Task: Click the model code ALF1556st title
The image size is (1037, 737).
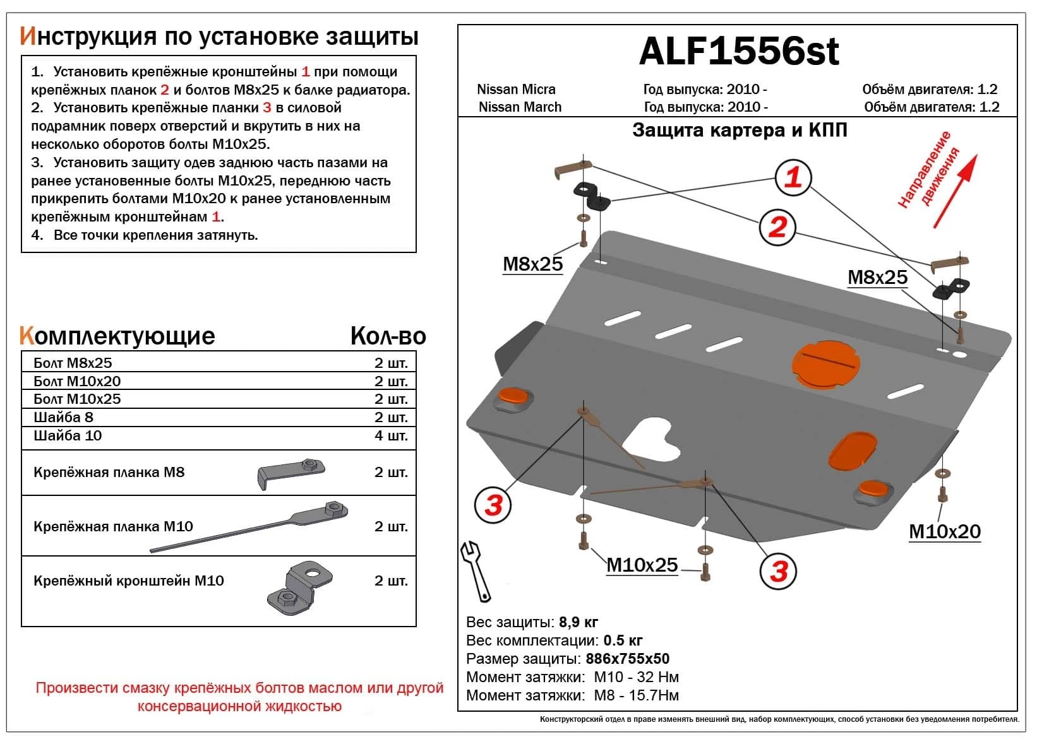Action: point(738,52)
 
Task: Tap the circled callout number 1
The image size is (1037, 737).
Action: point(793,177)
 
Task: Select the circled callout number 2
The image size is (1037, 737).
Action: point(777,227)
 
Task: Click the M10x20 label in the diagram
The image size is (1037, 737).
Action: point(944,532)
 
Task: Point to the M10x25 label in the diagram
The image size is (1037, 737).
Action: point(642,565)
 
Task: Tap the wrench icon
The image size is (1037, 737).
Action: point(476,571)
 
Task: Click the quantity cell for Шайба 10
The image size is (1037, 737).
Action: point(391,436)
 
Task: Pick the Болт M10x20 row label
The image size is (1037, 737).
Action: point(77,381)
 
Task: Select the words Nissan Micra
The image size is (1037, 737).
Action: point(516,90)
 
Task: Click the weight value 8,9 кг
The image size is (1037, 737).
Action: point(578,623)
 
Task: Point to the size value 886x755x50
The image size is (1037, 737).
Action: point(627,659)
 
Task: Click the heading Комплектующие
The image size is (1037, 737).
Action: point(117,336)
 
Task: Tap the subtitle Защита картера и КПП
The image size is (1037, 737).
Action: point(740,131)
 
